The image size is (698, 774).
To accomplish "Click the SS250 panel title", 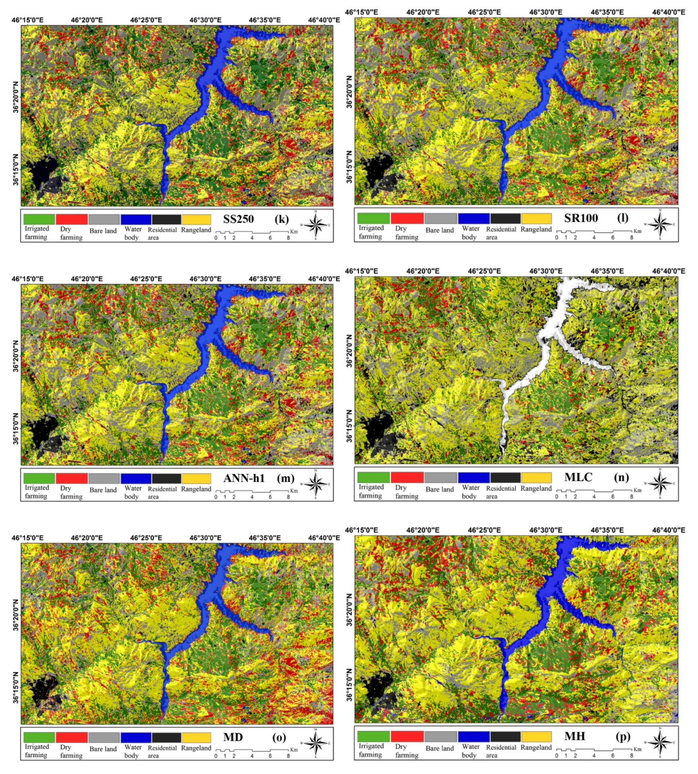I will click(x=238, y=219).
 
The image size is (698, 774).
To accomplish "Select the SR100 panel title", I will click(x=581, y=218).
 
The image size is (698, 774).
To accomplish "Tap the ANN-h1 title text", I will click(x=244, y=478).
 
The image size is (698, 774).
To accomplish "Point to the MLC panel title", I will click(x=578, y=477).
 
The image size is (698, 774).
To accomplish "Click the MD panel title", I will click(x=233, y=737).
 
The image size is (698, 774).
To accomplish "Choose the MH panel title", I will click(x=575, y=736).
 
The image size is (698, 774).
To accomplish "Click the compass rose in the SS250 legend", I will click(x=316, y=225).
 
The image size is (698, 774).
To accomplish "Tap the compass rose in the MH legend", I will click(x=660, y=742).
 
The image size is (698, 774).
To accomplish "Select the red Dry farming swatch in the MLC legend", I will click(x=407, y=477).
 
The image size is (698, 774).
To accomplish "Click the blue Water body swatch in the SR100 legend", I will click(x=473, y=218).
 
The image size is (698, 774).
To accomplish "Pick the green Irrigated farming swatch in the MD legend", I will click(x=39, y=737).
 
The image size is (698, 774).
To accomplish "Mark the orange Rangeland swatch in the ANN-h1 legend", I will click(x=196, y=478).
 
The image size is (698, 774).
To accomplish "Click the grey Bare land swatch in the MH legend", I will click(x=440, y=736).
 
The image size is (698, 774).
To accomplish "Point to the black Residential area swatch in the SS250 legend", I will click(x=166, y=219).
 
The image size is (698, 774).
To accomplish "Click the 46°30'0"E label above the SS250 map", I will click(x=205, y=20).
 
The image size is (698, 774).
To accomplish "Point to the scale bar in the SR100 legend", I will click(x=594, y=232).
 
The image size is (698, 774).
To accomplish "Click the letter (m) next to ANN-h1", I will click(x=285, y=478).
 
